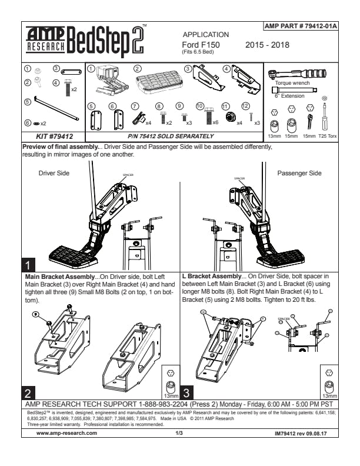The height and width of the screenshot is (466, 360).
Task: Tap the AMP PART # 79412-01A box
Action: pos(301,27)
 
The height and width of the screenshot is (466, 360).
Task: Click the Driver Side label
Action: pos(54,174)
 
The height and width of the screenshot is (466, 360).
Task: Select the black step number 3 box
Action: pos(186,391)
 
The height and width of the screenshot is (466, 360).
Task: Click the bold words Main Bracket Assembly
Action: pos(61,275)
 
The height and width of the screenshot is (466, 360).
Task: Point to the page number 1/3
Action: pos(179,432)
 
